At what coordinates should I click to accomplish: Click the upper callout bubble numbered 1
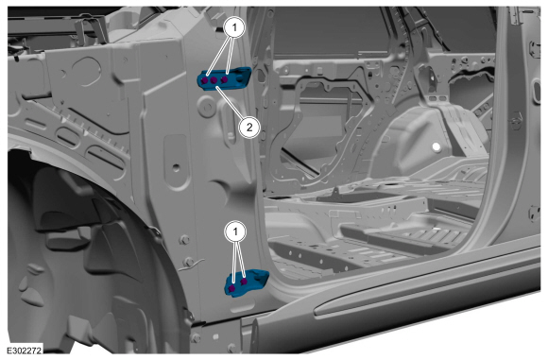click(234, 26)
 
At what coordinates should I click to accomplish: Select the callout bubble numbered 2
click(249, 128)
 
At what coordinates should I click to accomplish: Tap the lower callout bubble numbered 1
click(235, 231)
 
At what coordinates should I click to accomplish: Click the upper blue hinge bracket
click(224, 78)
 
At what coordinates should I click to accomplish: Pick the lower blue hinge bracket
click(246, 283)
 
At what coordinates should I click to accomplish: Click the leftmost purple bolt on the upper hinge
click(205, 80)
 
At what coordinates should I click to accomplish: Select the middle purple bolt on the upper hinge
click(214, 80)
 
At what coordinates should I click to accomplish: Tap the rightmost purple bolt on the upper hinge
click(225, 79)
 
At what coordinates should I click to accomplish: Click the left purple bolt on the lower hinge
click(231, 289)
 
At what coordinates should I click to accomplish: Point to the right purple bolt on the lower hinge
click(244, 281)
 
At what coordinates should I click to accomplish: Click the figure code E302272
click(25, 350)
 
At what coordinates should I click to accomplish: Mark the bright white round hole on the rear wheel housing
click(437, 146)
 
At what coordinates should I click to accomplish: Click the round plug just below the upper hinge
click(206, 106)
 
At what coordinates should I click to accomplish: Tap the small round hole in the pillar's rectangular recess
click(176, 168)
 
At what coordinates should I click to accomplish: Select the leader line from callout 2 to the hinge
click(229, 103)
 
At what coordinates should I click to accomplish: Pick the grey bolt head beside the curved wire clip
click(189, 262)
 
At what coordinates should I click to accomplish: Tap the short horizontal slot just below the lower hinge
click(244, 308)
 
